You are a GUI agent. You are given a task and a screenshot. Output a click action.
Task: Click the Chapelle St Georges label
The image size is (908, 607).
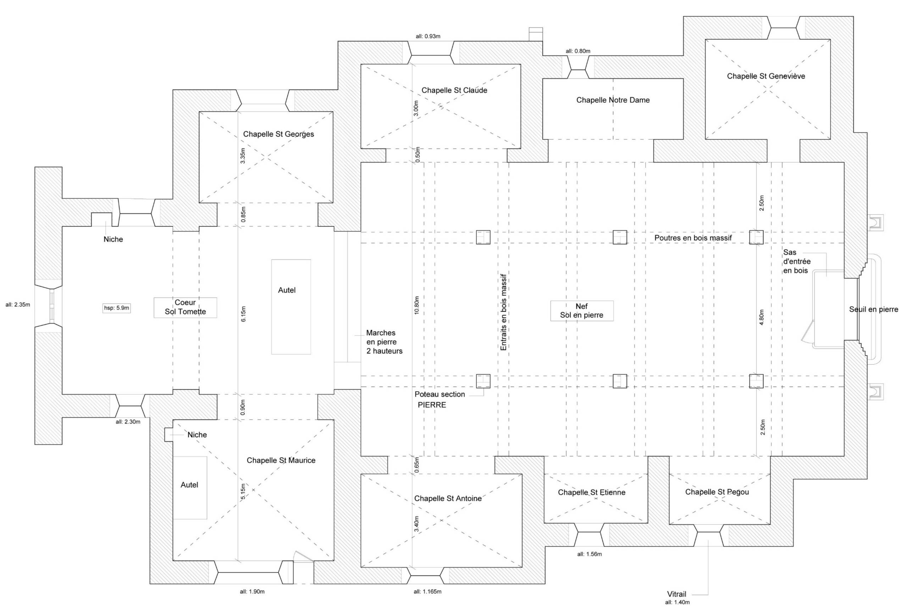pos(278,134)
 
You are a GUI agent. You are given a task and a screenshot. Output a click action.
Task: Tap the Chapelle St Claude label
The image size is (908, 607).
pos(454,90)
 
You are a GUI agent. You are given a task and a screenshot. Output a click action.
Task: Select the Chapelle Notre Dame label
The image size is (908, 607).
pos(613,100)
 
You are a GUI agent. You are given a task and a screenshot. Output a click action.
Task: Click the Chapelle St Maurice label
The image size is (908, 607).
pos(281,460)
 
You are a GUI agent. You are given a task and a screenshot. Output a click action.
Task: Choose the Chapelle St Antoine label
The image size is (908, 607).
pos(448,498)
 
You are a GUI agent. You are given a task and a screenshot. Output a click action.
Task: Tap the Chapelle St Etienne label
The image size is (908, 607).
pos(591,492)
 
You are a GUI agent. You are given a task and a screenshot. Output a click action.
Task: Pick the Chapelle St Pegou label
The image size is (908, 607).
pos(717,492)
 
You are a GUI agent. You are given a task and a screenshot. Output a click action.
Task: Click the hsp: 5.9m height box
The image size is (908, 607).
pos(116,308)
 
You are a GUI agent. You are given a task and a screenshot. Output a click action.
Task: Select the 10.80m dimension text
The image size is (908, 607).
pos(416,305)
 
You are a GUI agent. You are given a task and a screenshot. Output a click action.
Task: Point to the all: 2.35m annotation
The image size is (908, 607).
pos(18,305)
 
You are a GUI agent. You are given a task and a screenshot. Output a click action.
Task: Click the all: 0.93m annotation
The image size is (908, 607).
pos(428,37)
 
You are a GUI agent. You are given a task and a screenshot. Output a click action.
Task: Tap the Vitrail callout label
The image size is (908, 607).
pos(676,594)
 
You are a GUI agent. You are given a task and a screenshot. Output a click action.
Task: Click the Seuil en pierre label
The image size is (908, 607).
pos(874,309)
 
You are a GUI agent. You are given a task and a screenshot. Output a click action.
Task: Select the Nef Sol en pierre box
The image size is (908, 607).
pos(582,311)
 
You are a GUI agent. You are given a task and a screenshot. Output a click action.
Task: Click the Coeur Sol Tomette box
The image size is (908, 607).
pos(186,307)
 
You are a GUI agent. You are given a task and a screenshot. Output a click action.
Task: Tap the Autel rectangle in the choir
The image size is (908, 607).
pos(291,307)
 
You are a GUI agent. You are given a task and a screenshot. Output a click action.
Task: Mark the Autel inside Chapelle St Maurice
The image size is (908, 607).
pos(190,487)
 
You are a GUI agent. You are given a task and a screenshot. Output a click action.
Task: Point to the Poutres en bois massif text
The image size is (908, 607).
pos(693,238)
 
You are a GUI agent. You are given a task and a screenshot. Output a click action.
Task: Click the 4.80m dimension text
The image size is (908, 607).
pos(761,318)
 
